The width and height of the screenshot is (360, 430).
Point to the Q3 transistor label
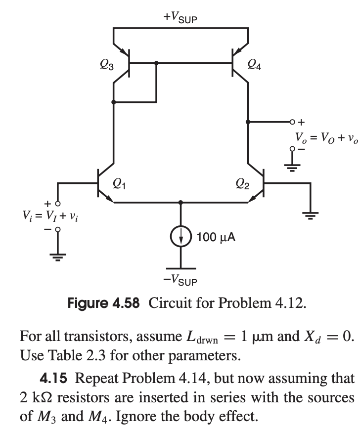point(105,64)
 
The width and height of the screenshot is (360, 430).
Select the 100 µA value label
point(216,238)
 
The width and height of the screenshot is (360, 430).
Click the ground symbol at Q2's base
point(310,214)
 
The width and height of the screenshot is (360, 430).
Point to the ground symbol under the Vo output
point(292,166)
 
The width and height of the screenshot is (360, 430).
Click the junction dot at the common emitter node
point(181,202)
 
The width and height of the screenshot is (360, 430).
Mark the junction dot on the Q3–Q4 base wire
point(156,63)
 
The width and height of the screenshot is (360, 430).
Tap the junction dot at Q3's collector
point(114,102)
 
